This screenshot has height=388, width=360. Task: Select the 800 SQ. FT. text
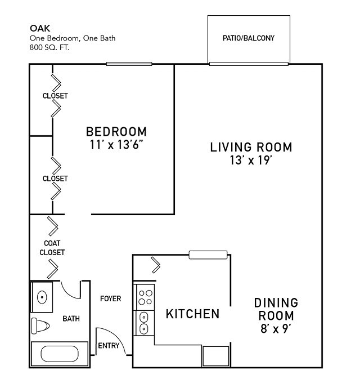coord(50,47)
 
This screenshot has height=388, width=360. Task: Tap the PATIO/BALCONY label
coord(249,39)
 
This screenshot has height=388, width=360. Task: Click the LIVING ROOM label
coord(251,148)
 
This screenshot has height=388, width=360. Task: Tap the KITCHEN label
coord(192,314)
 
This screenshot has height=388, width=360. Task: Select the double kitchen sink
coord(143,322)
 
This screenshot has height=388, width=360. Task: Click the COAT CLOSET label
coord(52,248)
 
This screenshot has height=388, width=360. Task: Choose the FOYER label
coord(110,298)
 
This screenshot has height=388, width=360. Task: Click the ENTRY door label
coord(109,346)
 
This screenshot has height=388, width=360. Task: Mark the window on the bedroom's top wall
coord(129,64)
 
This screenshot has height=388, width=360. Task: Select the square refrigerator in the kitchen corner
coord(215,356)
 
